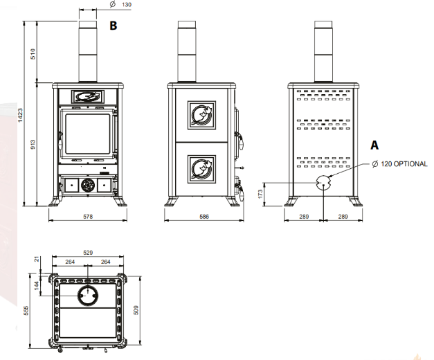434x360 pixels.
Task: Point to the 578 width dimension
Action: [88, 217]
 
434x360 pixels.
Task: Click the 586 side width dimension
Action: [204, 217]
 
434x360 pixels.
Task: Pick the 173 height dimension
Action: [261, 195]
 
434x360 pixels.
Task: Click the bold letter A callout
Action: [375, 145]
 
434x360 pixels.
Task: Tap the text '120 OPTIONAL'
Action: [405, 164]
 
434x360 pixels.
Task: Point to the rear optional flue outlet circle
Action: [323, 182]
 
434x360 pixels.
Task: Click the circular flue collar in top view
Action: [88, 296]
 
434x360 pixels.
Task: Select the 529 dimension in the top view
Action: [88, 253]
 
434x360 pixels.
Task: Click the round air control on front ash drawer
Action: [88, 186]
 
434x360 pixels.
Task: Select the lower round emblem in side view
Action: [203, 168]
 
